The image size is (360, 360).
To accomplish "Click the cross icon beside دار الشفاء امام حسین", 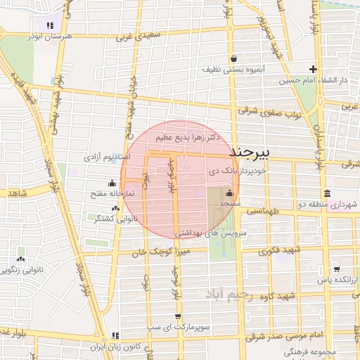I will coord(313,69).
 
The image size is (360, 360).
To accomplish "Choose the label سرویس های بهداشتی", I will coord(210,231).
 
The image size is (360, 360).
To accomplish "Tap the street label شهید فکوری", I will coord(278,250).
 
